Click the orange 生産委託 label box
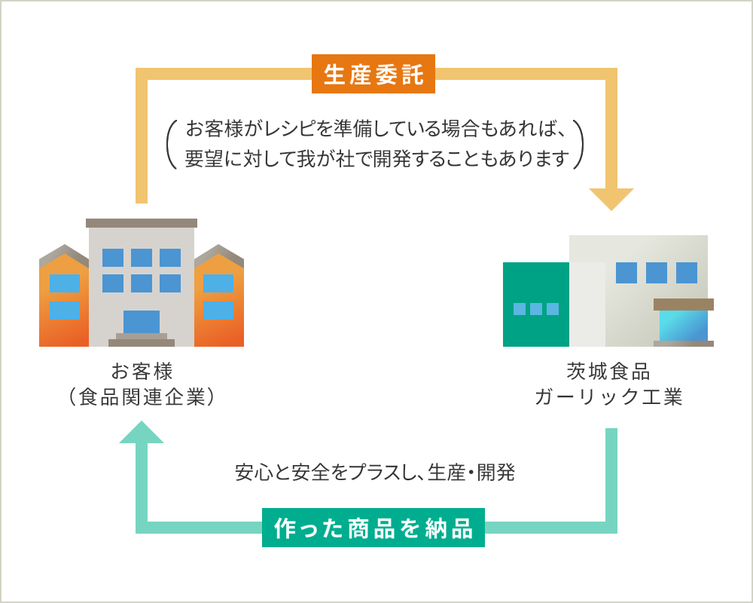point(373,74)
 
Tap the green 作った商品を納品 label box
point(373,528)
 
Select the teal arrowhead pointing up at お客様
point(142,432)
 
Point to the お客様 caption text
point(142,372)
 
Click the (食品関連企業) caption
point(142,397)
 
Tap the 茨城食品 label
point(608,372)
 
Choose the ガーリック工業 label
point(608,397)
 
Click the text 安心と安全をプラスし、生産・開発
point(375,472)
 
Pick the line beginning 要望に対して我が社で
point(377,159)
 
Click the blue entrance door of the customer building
point(142,322)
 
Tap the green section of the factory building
point(536,305)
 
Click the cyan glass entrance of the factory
point(684,326)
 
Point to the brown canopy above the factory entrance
point(684,305)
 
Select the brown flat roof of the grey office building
point(142,223)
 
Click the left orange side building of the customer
point(64,295)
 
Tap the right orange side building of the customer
point(219,295)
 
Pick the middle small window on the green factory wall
point(536,309)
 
